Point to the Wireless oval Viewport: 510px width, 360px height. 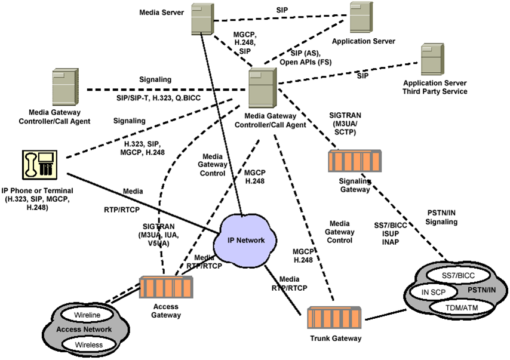coord(88,344)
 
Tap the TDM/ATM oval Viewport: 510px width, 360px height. coord(462,307)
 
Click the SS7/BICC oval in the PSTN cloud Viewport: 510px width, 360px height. coord(455,276)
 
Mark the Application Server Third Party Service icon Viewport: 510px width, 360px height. coord(433,59)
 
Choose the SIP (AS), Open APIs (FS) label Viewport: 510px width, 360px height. coord(305,58)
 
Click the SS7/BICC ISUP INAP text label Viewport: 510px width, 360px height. coord(388,233)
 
